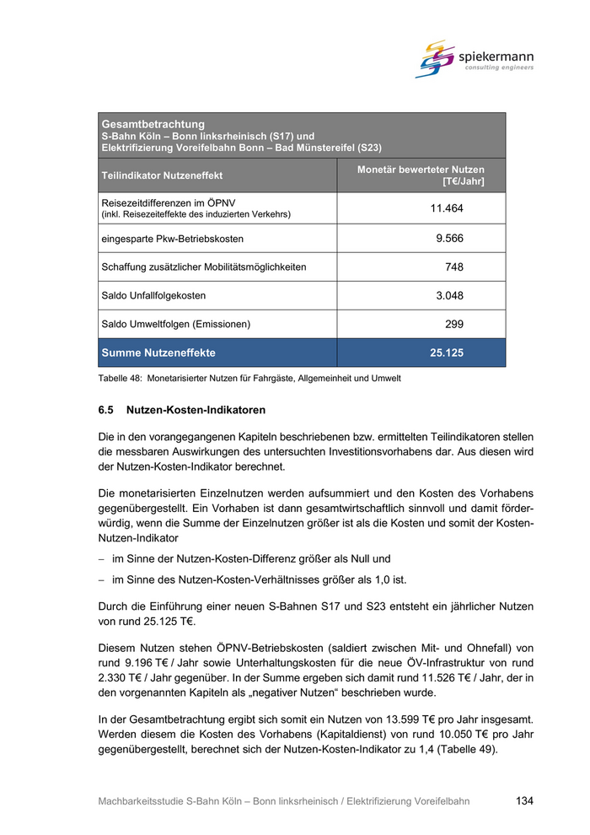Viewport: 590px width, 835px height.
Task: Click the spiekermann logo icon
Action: [x=436, y=58]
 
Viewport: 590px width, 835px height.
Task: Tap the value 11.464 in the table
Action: [x=447, y=208]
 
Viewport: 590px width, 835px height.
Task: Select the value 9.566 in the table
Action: [x=449, y=238]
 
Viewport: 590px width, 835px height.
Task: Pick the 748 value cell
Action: [x=454, y=267]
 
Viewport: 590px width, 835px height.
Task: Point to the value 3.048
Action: [x=449, y=295]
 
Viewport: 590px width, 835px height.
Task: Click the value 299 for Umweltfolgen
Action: [x=454, y=324]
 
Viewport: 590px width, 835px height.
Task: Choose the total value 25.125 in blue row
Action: [x=447, y=353]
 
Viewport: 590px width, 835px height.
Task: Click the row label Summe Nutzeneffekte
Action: [x=158, y=353]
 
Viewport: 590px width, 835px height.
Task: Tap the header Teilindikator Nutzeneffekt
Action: [x=162, y=175]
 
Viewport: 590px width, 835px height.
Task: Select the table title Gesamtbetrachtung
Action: [x=153, y=124]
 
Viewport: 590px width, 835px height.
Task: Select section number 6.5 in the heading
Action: [x=106, y=411]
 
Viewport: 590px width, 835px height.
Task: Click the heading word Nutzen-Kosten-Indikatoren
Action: [x=196, y=411]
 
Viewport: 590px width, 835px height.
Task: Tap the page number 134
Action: [x=524, y=801]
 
